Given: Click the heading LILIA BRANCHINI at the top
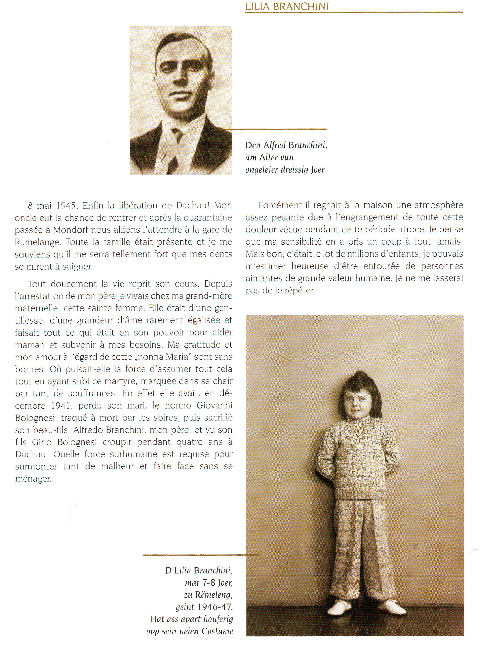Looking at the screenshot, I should point(287,7).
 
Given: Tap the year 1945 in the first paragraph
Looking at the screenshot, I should point(66,206).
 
